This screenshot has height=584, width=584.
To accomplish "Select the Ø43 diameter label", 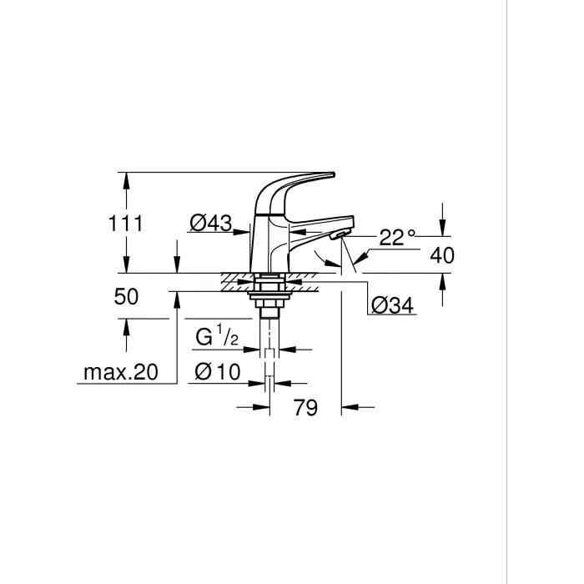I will click(210, 224).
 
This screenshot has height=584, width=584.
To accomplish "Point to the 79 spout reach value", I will click(306, 408).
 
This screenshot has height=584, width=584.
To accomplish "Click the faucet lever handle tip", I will click(330, 175).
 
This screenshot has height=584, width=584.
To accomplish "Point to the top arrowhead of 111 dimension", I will click(125, 178).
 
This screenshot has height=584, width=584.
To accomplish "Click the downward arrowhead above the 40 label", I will click(443, 234).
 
